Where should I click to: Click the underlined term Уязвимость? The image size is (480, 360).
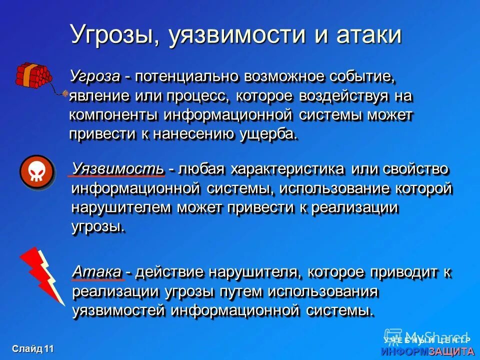[x=118, y=168]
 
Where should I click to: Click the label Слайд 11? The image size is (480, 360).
[x=33, y=348]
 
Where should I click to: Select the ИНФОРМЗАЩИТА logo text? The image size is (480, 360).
[x=427, y=351]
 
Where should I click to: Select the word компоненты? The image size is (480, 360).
[x=113, y=115]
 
